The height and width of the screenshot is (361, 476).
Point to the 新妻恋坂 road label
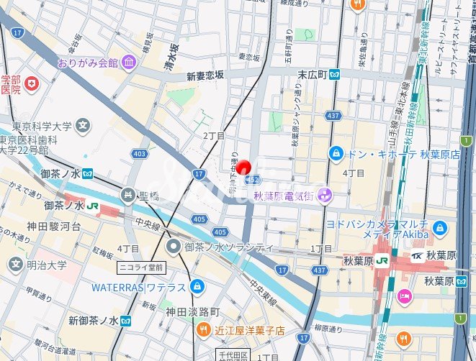pos(205,76)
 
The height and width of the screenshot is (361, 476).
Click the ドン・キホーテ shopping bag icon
pos(336,153)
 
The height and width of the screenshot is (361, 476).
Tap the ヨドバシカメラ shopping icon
pos(441,229)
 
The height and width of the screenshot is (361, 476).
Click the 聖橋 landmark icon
pos(128,193)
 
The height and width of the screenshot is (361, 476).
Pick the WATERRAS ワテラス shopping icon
pos(197,288)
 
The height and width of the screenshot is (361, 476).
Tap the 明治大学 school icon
pos(15,265)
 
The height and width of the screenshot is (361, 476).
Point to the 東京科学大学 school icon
pos(84,126)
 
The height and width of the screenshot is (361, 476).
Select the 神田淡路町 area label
pos(192,312)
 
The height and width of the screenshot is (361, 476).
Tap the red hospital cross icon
pos(31,85)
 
